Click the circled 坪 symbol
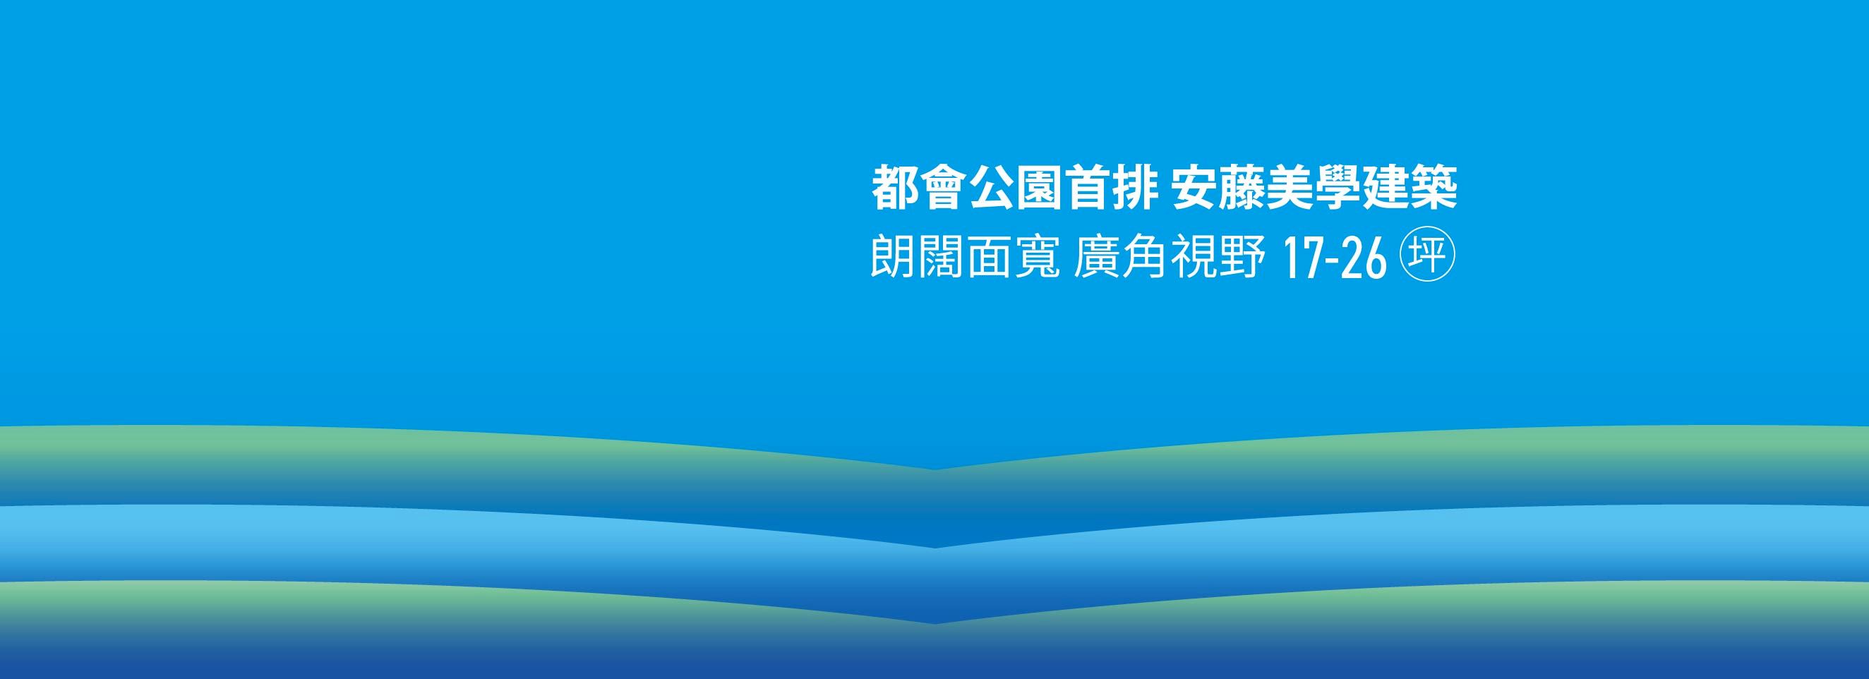(x=1431, y=258)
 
